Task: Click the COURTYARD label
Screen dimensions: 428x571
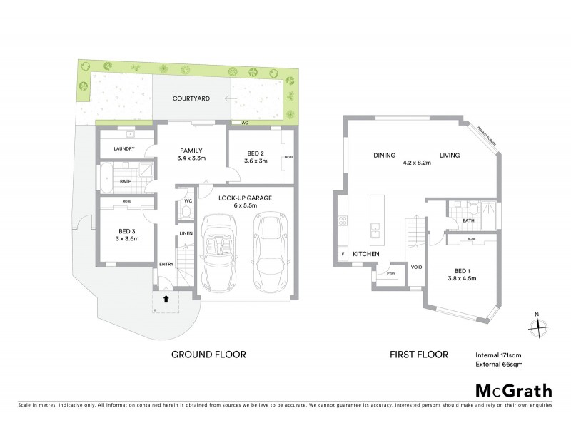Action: (x=190, y=100)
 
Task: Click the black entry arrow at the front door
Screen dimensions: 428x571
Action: (x=166, y=300)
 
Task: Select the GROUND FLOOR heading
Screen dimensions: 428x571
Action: (x=209, y=354)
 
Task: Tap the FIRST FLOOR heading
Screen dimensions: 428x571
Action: (x=419, y=354)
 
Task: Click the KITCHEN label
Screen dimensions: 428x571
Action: (x=365, y=255)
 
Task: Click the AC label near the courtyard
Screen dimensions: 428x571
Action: (x=245, y=123)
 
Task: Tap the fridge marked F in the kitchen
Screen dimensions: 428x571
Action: (x=343, y=255)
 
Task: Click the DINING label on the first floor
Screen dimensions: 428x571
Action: (x=384, y=156)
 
